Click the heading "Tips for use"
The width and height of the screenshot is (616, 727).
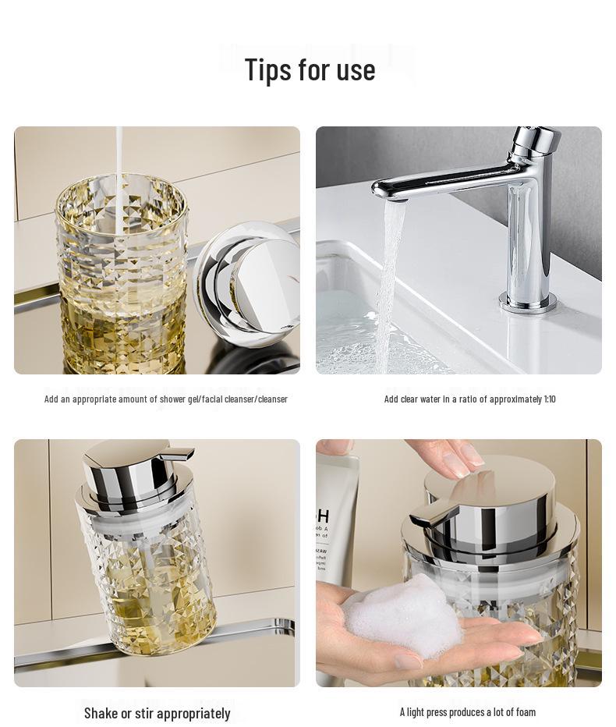coord(310,69)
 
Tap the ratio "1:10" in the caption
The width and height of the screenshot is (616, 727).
coord(550,399)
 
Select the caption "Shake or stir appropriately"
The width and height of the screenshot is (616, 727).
coord(157,713)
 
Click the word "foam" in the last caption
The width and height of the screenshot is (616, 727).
coord(526,711)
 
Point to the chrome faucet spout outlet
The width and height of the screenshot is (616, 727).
coord(396,196)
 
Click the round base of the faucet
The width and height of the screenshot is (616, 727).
coord(528,303)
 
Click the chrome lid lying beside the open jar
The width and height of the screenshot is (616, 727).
coord(248,284)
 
